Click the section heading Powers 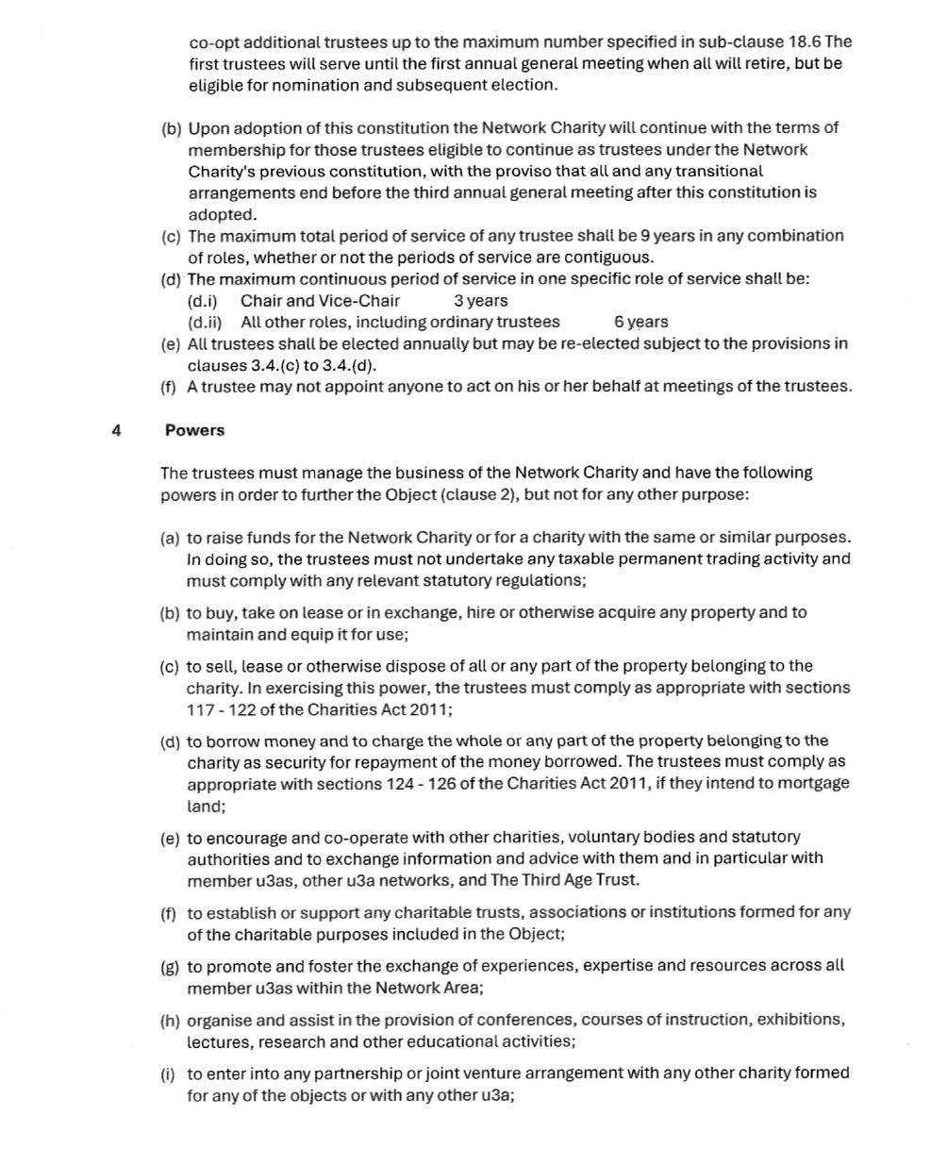194,430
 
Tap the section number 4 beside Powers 116,430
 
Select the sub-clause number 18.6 805,42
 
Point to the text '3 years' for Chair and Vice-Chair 480,301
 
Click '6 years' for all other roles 640,322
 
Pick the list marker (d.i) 203,301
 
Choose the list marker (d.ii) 205,322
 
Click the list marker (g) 171,966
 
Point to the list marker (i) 170,1073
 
